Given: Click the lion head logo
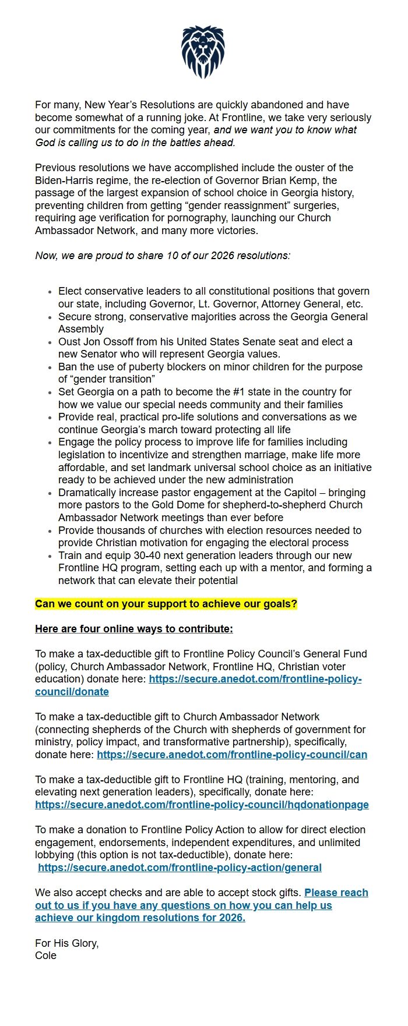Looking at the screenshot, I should pyautogui.click(x=203, y=52).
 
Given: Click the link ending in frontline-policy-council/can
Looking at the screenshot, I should pyautogui.click(x=231, y=755).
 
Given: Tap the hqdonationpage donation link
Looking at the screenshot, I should pyautogui.click(x=202, y=805).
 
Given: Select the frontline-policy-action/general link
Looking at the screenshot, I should pyautogui.click(x=180, y=868).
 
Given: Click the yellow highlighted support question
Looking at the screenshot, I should pyautogui.click(x=166, y=604).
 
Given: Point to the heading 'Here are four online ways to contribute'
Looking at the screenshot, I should pyautogui.click(x=133, y=629).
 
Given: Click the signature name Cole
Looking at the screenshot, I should pyautogui.click(x=45, y=956).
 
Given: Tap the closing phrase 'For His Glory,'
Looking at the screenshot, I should pyautogui.click(x=66, y=943).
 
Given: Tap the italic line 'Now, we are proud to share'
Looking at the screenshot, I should pyautogui.click(x=163, y=256).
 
